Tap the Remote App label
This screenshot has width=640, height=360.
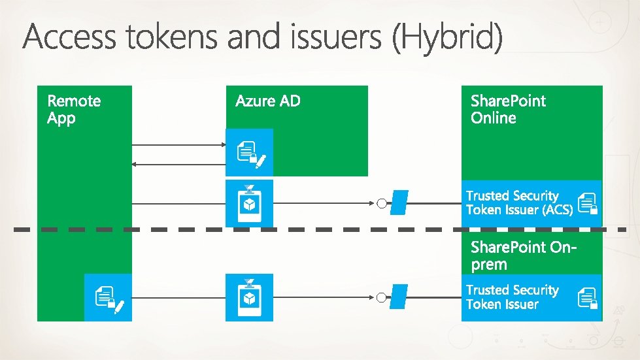click(x=74, y=109)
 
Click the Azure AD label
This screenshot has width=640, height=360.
click(x=268, y=101)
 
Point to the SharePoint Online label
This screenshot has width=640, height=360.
click(x=507, y=109)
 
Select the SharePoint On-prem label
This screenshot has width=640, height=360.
click(x=526, y=255)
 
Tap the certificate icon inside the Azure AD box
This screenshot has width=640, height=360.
click(x=250, y=154)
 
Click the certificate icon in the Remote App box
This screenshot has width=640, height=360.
click(x=109, y=299)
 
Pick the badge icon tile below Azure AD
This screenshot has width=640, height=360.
click(x=249, y=203)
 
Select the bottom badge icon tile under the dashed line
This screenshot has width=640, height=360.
click(x=249, y=297)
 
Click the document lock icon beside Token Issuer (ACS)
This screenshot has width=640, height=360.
click(x=588, y=203)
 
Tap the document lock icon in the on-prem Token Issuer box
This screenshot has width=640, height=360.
click(x=588, y=298)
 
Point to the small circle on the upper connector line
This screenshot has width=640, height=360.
click(x=381, y=204)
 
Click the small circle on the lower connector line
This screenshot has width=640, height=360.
click(x=381, y=298)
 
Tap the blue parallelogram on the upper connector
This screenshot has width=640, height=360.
click(x=399, y=203)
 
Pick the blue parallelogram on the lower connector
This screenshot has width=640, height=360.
click(x=399, y=297)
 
